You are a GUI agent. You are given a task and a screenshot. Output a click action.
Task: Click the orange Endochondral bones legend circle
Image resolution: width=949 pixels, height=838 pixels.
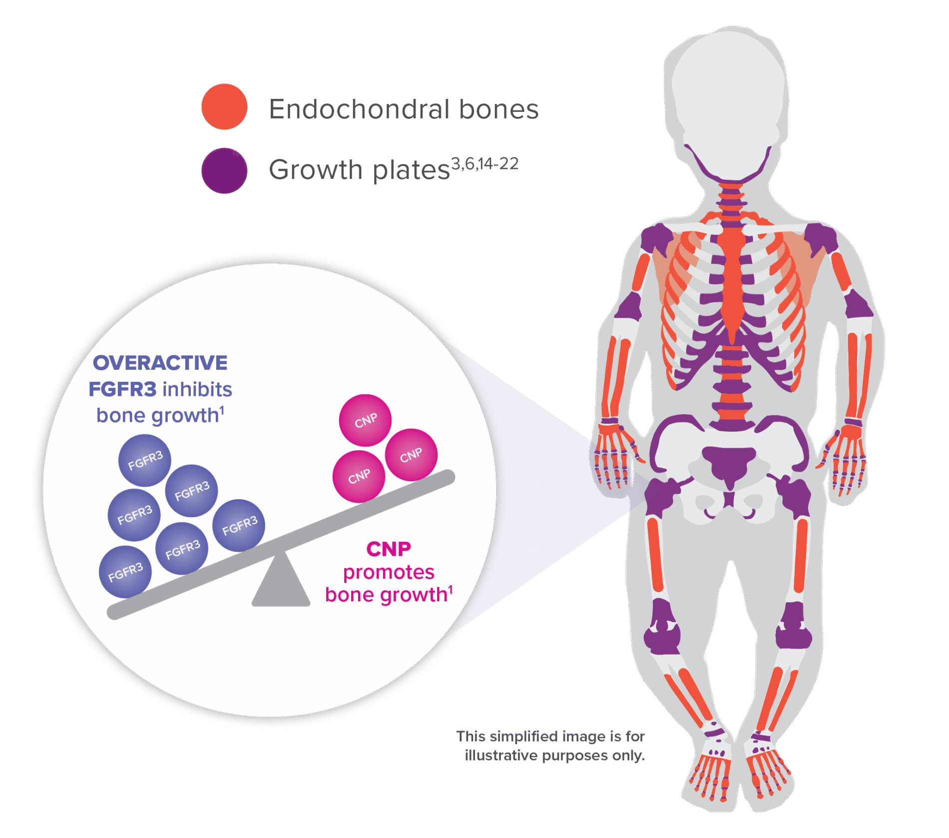tap(224, 106)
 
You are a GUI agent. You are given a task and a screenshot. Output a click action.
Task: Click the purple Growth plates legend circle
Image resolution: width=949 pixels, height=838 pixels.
tap(224, 170)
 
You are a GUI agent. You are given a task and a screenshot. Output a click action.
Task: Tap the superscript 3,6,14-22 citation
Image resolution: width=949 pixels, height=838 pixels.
tap(484, 164)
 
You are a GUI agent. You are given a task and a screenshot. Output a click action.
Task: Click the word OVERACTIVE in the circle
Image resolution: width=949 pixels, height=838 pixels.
tap(160, 363)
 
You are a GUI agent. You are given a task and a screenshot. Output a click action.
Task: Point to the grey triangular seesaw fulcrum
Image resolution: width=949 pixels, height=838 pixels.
tap(281, 583)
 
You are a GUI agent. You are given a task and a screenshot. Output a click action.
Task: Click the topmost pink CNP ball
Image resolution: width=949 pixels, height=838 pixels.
tap(365, 420)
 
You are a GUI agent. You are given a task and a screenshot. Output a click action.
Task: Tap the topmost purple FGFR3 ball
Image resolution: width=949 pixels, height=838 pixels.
tap(145, 460)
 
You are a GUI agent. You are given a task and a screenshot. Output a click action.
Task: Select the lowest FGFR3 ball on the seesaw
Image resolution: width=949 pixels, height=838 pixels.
tap(125, 572)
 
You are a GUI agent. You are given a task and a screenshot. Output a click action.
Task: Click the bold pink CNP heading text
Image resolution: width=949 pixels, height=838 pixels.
tap(389, 549)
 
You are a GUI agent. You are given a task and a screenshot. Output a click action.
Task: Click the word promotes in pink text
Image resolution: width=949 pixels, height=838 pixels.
tap(389, 572)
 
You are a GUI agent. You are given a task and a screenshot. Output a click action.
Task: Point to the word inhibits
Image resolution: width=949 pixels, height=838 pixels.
tap(197, 389)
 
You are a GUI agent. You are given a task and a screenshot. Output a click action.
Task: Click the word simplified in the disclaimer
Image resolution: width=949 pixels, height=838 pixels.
tap(523, 736)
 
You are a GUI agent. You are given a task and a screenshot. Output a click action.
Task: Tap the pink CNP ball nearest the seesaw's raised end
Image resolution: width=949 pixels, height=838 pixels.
tap(411, 455)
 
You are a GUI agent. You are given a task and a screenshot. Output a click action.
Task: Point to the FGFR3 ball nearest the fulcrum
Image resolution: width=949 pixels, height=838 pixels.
tap(239, 525)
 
